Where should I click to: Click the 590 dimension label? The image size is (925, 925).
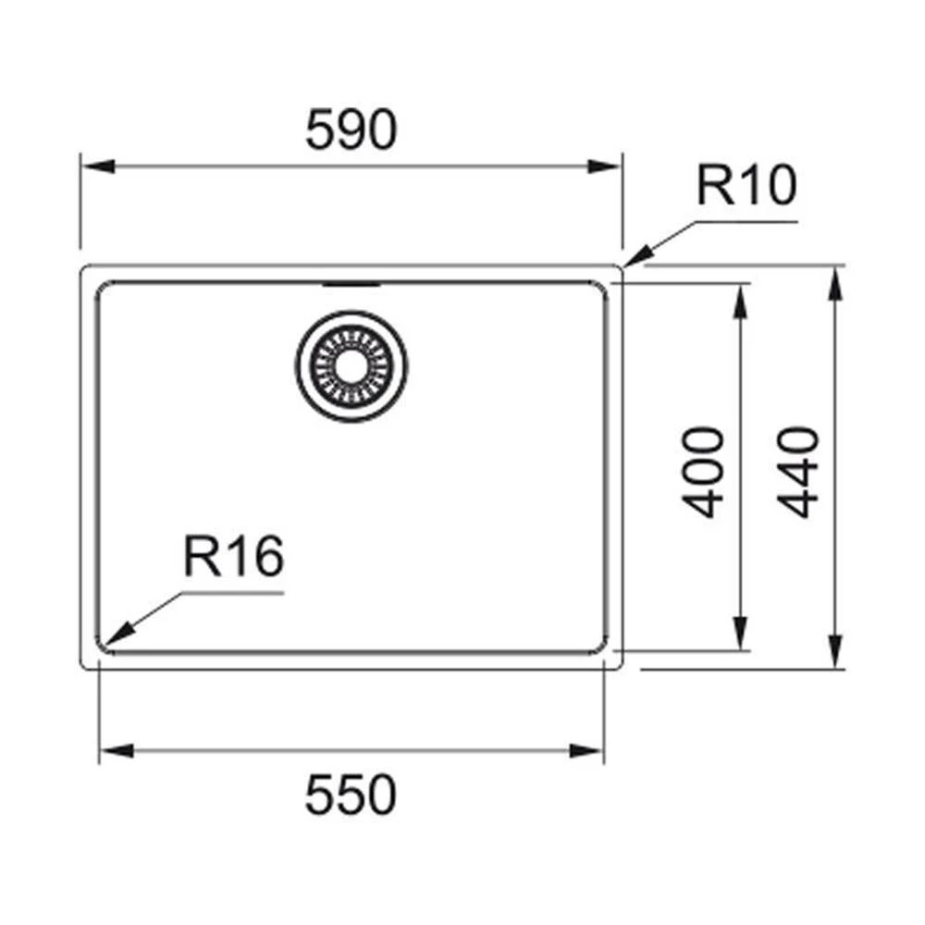tap(351, 129)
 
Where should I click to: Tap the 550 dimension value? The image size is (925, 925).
tap(351, 795)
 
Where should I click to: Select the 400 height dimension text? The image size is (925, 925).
tap(703, 472)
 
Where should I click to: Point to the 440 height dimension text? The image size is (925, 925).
tap(798, 472)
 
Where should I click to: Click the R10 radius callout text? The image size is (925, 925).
tap(746, 185)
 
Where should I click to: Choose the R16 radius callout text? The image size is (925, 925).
tap(234, 556)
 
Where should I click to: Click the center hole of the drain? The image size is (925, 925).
tap(351, 365)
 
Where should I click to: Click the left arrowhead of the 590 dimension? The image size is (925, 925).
tap(97, 166)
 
